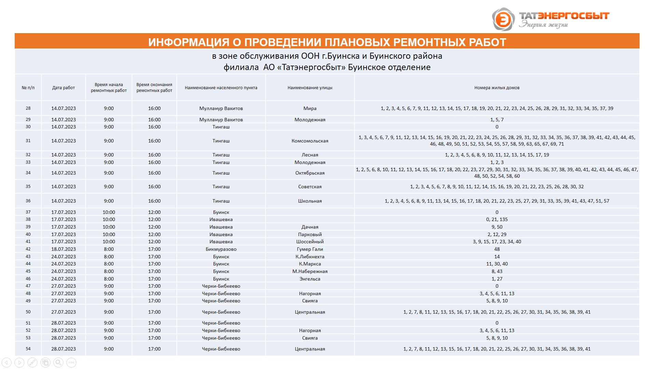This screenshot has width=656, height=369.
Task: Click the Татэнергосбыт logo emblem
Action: coord(503,19)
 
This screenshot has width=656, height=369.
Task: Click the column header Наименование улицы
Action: coord(310,88)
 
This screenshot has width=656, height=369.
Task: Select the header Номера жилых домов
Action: coord(496,88)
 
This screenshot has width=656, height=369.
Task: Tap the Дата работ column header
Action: coord(64,88)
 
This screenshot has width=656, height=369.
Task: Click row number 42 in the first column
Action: coord(28,249)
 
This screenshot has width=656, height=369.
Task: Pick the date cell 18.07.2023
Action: coord(64,249)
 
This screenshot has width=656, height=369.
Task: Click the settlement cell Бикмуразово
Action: coord(221,249)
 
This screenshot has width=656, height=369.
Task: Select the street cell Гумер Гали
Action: coord(310,249)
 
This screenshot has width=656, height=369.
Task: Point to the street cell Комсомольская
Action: coord(310,141)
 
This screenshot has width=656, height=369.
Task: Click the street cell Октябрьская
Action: coord(310,173)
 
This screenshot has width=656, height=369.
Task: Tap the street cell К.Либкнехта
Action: coord(310,257)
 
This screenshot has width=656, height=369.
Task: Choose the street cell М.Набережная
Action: coord(310,271)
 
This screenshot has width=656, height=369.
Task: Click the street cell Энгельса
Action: coord(310,279)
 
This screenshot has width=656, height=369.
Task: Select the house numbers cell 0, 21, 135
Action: coord(497,219)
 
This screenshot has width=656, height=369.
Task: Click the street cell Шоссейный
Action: coord(310,242)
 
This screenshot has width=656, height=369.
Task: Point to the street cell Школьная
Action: coord(310,201)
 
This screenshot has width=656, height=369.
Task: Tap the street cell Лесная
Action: coord(310,155)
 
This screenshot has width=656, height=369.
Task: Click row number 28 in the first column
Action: coord(28,108)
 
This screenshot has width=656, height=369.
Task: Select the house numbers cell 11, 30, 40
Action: coord(497,264)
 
